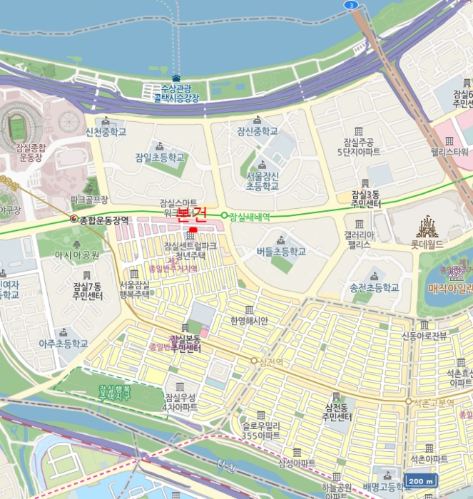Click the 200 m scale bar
tap(420, 481)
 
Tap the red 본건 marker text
tap(191, 212)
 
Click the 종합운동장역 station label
tap(104, 220)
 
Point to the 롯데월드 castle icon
tap(427, 227)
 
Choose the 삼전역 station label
tap(270, 361)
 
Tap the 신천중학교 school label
tap(106, 132)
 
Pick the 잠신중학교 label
tap(258, 131)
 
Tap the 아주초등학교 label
tap(63, 343)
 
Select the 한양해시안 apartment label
tap(248, 321)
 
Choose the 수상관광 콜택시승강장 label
tap(176, 93)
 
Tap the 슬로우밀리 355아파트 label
tap(260, 430)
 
